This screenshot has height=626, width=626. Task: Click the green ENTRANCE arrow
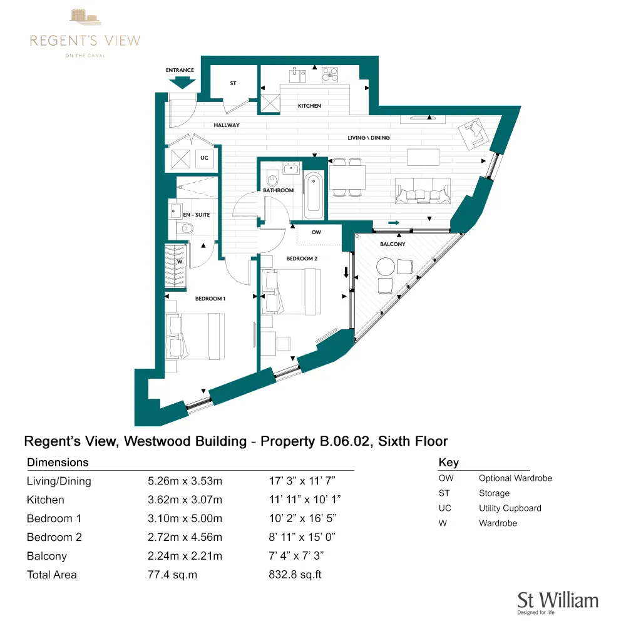[x=183, y=82]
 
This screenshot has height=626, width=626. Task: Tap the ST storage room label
[x=233, y=83]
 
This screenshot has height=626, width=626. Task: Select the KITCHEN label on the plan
[x=309, y=106]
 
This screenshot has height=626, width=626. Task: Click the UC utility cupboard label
[x=204, y=158]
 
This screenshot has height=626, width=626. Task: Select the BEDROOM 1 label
[x=210, y=299]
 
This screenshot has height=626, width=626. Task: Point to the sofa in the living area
[x=423, y=190]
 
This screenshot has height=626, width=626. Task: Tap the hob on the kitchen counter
[x=330, y=76]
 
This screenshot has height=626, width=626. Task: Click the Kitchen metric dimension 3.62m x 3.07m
[x=184, y=500]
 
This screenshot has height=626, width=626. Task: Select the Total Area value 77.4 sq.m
[x=172, y=575]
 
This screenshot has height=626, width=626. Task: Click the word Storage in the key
[x=494, y=493]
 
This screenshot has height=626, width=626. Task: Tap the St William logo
[x=557, y=602]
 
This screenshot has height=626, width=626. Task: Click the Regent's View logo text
[x=85, y=41]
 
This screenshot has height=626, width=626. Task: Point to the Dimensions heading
[x=58, y=463]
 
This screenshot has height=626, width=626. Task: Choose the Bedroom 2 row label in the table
[x=54, y=537]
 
